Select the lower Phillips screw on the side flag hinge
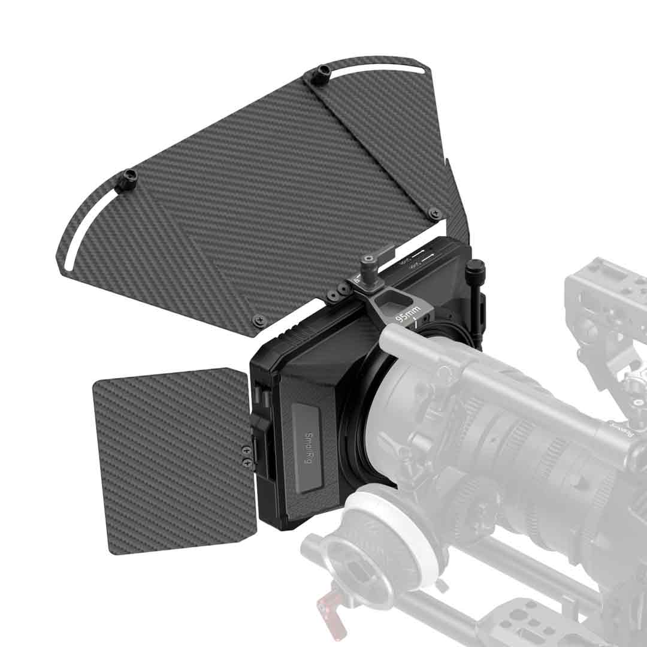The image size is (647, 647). tap(247, 462)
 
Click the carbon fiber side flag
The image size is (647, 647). tap(174, 461)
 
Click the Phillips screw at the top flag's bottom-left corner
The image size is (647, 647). tap(258, 320)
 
